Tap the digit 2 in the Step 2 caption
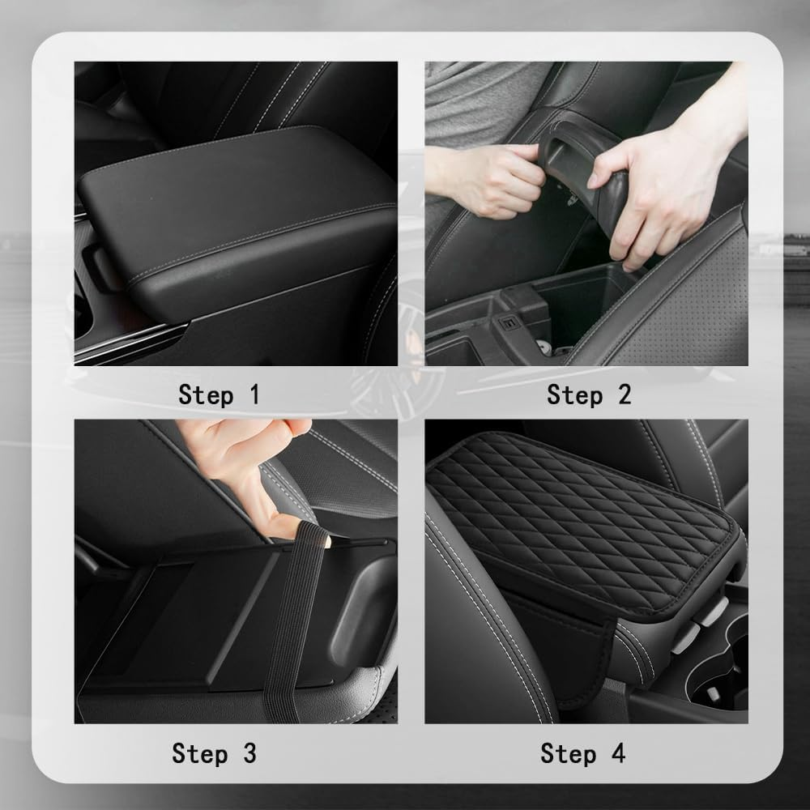tap(622, 395)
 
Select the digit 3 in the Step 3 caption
tap(248, 753)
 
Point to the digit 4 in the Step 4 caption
tap(617, 753)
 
